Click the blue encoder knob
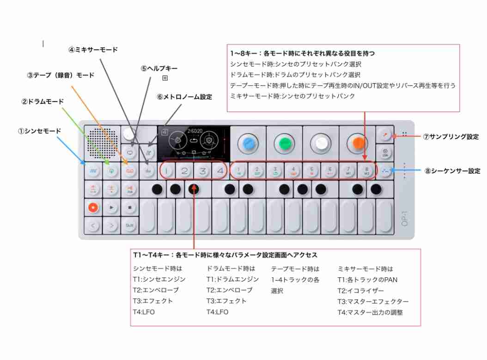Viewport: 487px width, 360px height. click(x=248, y=144)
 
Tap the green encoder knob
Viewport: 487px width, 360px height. click(x=285, y=144)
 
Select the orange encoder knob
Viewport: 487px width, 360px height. click(x=358, y=143)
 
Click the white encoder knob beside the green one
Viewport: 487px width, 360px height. click(x=321, y=144)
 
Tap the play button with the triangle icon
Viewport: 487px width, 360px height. click(x=111, y=207)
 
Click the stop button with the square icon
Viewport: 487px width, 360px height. click(x=130, y=207)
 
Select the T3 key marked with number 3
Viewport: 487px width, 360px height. click(x=202, y=171)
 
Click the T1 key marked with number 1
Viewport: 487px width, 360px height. click(x=166, y=171)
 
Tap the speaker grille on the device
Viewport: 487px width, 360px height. click(x=102, y=143)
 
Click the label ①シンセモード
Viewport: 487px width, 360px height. click(x=39, y=131)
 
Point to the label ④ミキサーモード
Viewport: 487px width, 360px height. click(x=93, y=50)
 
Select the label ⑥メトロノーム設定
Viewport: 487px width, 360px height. click(x=184, y=97)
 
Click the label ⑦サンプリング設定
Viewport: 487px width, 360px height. click(x=451, y=137)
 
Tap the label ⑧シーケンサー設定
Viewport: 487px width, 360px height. click(x=452, y=171)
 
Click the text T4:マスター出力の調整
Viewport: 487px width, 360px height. click(x=370, y=312)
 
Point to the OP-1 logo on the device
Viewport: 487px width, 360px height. click(x=404, y=219)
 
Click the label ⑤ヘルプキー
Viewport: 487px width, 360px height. click(x=159, y=68)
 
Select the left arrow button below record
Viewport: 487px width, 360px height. click(x=93, y=226)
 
